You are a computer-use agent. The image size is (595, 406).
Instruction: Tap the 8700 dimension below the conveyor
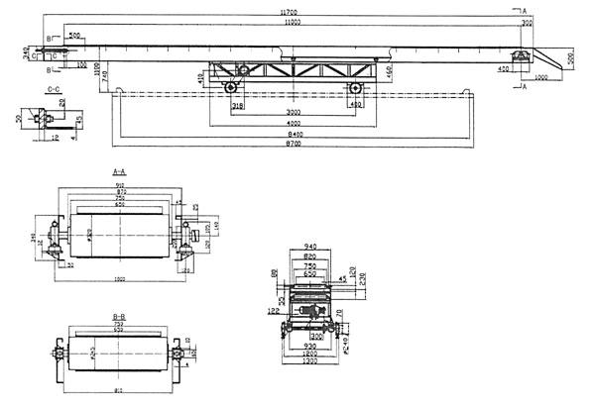coord(291,146)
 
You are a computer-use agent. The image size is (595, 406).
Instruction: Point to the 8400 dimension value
coord(291,136)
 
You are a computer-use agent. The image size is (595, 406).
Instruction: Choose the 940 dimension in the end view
coord(310,245)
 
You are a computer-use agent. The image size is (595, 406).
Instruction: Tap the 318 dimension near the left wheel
coord(238,104)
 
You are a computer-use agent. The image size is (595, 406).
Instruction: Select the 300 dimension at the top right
coord(525,21)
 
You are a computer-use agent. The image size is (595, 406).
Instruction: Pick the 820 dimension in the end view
coord(310,254)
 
